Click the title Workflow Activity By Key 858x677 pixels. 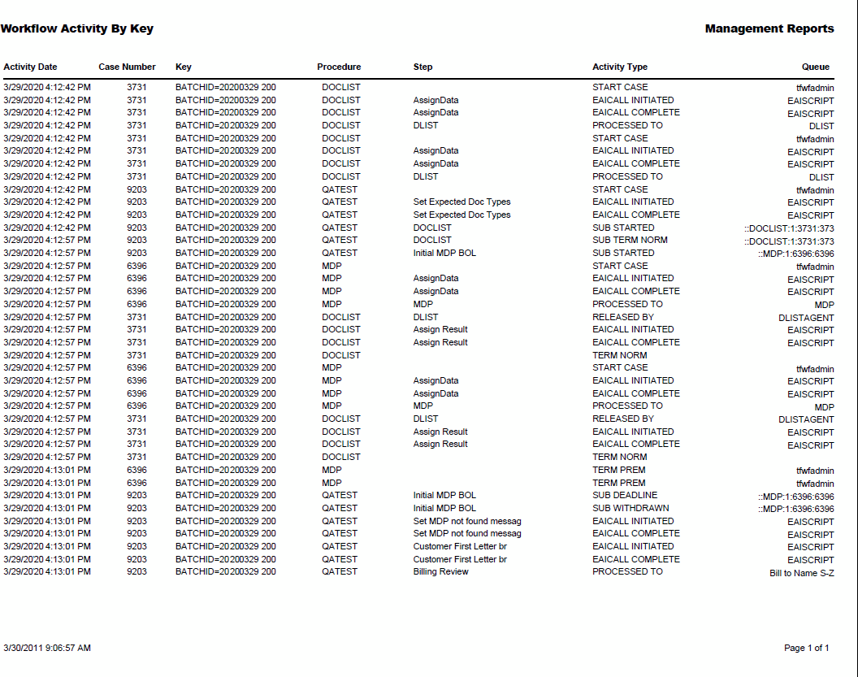point(77,29)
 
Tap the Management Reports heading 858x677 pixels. point(769,29)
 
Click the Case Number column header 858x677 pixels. point(127,67)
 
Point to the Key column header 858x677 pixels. point(183,67)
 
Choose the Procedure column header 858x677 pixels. point(339,67)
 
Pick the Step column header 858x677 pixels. point(422,67)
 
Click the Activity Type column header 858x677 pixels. point(620,67)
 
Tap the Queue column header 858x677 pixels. point(816,67)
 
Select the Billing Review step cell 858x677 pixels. point(440,571)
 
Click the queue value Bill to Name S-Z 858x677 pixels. point(801,573)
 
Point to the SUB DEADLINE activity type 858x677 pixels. point(625,495)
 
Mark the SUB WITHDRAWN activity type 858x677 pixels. point(630,508)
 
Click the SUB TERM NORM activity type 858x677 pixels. point(630,240)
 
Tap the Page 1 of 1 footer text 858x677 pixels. point(806,648)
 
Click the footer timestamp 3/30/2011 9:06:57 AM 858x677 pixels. point(47,648)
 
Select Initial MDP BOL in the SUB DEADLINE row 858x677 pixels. point(444,495)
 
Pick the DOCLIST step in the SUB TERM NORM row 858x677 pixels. point(432,240)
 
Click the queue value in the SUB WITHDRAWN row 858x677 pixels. point(795,509)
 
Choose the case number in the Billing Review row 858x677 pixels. point(136,571)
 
